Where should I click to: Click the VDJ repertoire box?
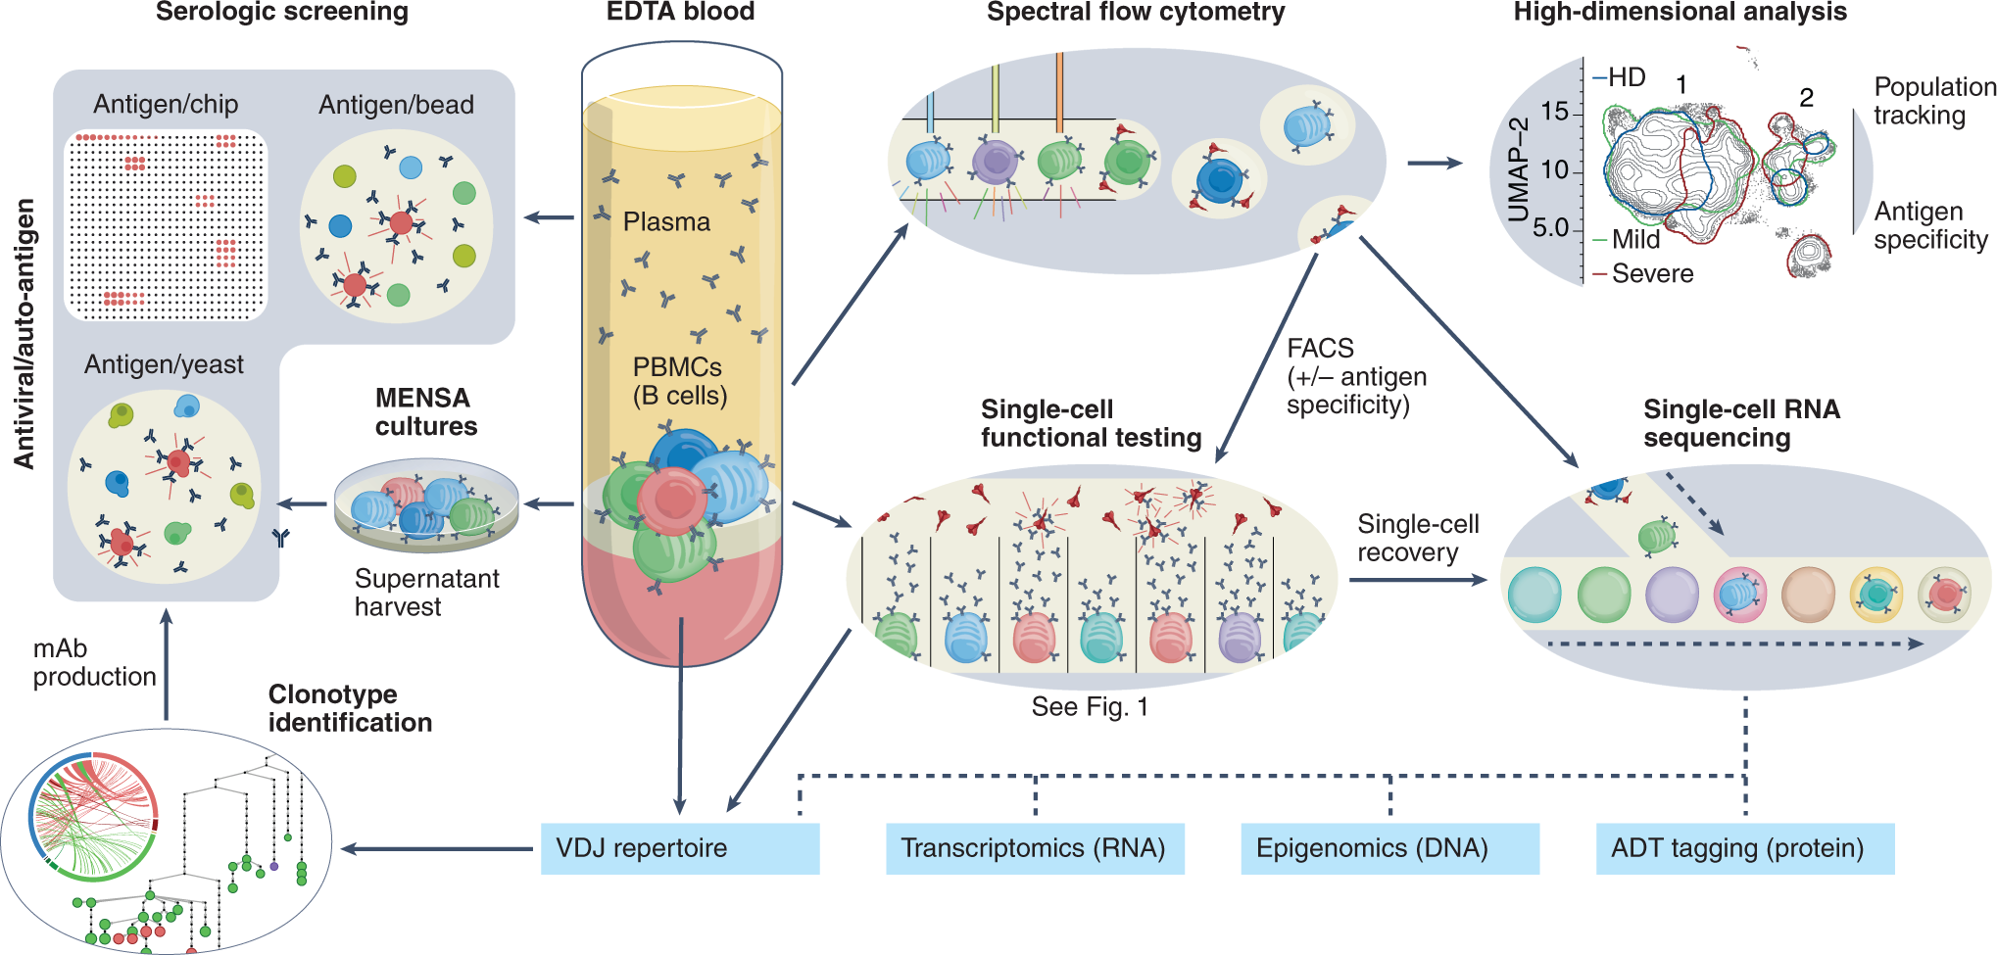679,848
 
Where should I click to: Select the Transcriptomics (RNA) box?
1034,848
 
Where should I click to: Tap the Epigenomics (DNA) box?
1388,848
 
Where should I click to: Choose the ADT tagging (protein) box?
1744,848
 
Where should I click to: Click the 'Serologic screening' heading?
281,13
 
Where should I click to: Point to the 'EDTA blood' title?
680,13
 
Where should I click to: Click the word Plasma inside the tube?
666,222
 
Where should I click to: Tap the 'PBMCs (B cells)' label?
679,381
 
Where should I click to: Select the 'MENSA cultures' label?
425,412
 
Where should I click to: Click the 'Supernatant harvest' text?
426,593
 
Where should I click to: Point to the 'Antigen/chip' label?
166,105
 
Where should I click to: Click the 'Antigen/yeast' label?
164,364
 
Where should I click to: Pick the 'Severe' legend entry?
1652,274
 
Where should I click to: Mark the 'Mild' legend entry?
1635,240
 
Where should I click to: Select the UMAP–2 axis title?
1519,170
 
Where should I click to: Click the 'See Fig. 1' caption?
1090,707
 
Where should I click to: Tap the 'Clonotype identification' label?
350,708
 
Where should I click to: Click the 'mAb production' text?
94,663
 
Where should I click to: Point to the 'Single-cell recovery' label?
1417,539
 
